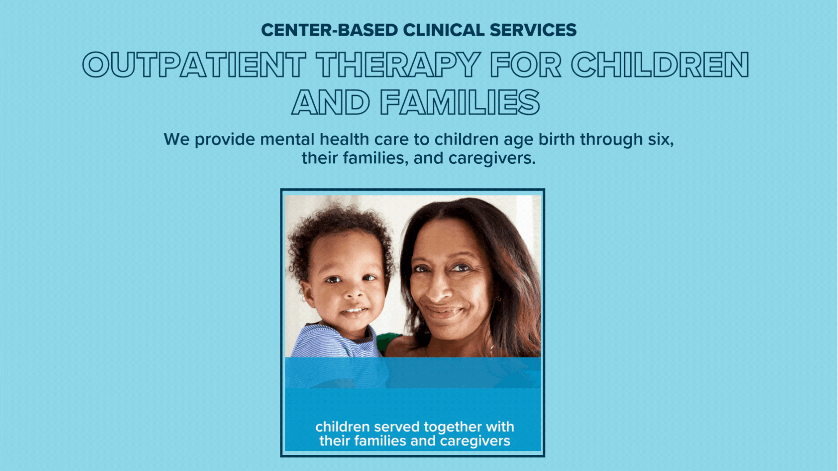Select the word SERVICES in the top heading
pos(533,30)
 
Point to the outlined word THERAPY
pos(398,65)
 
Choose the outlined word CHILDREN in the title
pos(660,65)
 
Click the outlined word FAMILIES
pos(460,103)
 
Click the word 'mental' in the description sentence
pos(287,139)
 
